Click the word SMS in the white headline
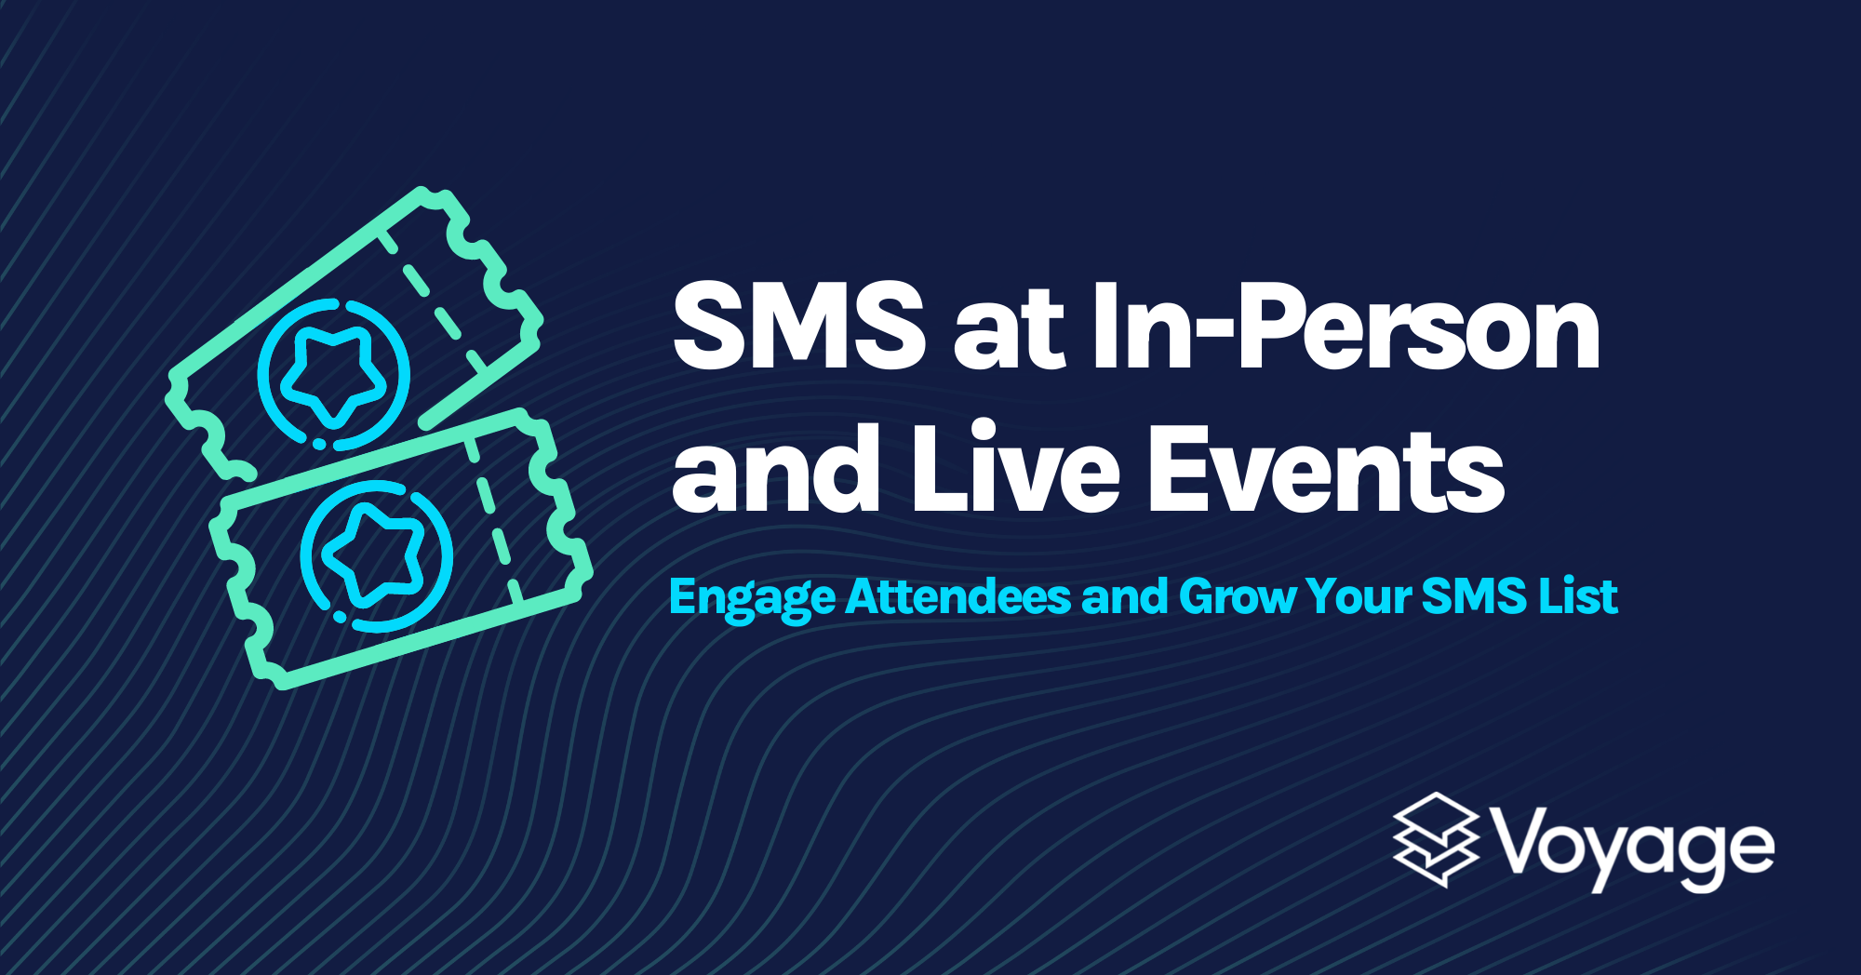(x=798, y=326)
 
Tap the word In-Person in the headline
(x=1346, y=326)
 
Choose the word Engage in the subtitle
(x=752, y=598)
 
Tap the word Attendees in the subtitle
(x=958, y=596)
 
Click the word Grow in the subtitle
(x=1237, y=596)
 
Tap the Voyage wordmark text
(x=1634, y=848)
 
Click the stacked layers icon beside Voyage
(x=1436, y=838)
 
